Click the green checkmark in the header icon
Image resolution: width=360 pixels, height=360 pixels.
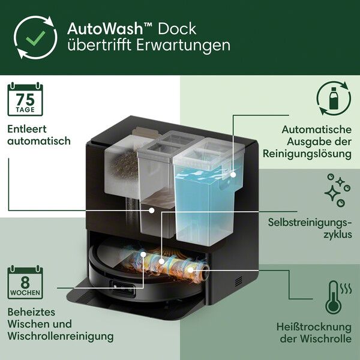click(35, 38)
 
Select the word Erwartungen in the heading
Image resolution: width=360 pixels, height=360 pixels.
click(183, 45)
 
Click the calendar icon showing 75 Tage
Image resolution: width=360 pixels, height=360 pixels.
click(25, 99)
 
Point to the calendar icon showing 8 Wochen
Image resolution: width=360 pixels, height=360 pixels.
click(25, 282)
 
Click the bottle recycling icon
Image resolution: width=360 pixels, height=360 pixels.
click(334, 98)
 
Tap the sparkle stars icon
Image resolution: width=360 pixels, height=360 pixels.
click(337, 190)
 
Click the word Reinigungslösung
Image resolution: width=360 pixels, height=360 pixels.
click(307, 154)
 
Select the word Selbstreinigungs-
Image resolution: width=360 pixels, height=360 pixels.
click(310, 223)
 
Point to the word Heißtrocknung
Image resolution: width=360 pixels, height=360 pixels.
click(314, 327)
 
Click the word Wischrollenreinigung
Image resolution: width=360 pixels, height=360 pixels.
click(61, 336)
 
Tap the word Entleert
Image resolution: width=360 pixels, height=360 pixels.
click(27, 129)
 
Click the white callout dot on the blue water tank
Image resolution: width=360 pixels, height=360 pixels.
click(233, 175)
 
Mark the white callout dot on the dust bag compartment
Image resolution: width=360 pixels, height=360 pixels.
click(152, 210)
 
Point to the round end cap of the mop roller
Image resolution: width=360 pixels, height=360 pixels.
click(205, 272)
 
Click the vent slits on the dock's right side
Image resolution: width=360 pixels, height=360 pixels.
click(239, 281)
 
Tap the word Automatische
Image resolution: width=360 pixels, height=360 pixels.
click(317, 130)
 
